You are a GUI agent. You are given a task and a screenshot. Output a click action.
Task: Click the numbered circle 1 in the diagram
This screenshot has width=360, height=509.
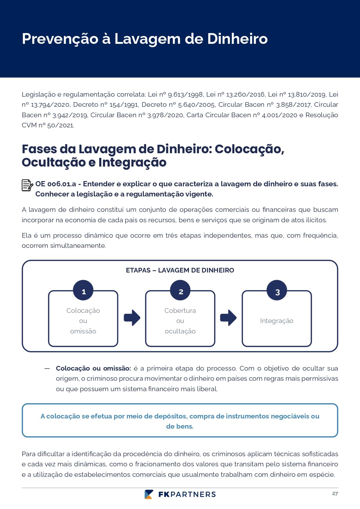[83, 290]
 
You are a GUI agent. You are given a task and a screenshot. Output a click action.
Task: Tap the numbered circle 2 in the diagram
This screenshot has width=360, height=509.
[180, 290]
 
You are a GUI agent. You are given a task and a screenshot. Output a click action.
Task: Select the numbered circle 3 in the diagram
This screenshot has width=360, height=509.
[277, 290]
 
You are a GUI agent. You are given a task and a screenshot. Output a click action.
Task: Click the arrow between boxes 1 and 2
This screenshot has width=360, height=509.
[132, 318]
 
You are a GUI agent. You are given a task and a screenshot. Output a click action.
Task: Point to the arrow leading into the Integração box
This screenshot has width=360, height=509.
[228, 318]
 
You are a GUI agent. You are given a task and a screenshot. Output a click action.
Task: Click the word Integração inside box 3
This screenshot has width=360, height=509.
[277, 321]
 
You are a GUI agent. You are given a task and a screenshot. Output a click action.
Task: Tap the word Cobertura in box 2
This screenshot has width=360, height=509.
[180, 311]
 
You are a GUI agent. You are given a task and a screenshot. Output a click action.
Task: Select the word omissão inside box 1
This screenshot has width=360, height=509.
[83, 331]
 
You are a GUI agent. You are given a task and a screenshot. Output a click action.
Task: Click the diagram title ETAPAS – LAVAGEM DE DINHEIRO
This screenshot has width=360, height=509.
[180, 270]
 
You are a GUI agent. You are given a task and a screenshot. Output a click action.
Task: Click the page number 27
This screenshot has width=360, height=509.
[335, 494]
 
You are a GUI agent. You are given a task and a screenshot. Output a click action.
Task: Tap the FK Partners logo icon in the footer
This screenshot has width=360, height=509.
[149, 494]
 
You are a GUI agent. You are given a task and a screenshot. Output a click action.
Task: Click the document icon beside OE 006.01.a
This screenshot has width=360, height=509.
[27, 185]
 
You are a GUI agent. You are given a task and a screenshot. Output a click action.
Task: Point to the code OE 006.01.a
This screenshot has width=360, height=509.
[56, 184]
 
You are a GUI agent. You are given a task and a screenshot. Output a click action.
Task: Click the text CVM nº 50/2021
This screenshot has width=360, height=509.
[48, 125]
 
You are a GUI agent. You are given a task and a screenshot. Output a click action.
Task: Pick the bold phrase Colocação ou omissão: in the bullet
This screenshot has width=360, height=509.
[93, 369]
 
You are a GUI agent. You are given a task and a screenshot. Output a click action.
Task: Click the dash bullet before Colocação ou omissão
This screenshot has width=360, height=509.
[47, 369]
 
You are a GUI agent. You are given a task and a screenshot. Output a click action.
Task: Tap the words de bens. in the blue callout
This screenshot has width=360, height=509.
[180, 426]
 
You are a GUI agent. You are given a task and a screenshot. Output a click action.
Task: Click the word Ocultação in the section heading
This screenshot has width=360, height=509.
[54, 162]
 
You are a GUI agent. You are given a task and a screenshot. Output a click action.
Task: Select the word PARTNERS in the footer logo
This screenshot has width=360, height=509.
[193, 494]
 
